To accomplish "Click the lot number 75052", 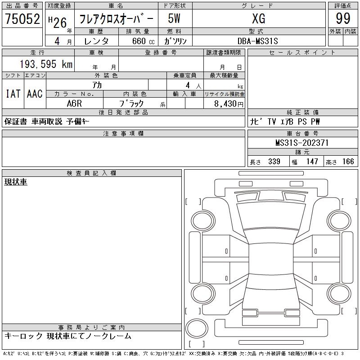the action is click(x=22, y=18).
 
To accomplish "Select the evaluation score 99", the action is click(x=343, y=18).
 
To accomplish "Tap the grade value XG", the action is click(x=259, y=18).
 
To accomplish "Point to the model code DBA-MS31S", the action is click(x=257, y=41).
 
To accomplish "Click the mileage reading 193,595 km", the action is click(x=46, y=64).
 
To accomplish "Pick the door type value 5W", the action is click(x=174, y=18).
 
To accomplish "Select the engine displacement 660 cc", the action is click(x=143, y=41).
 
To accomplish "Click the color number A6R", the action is click(x=74, y=103).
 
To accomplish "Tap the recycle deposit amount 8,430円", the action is click(x=229, y=104).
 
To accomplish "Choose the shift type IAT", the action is click(x=13, y=94).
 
